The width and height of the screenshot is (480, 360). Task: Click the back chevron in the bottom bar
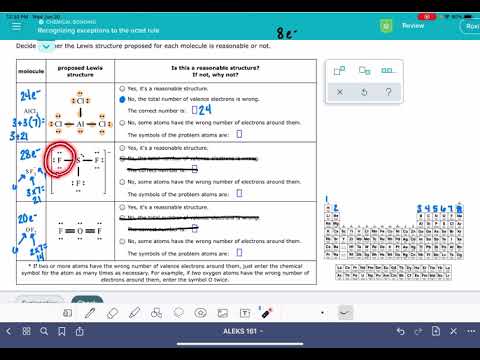(11, 331)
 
